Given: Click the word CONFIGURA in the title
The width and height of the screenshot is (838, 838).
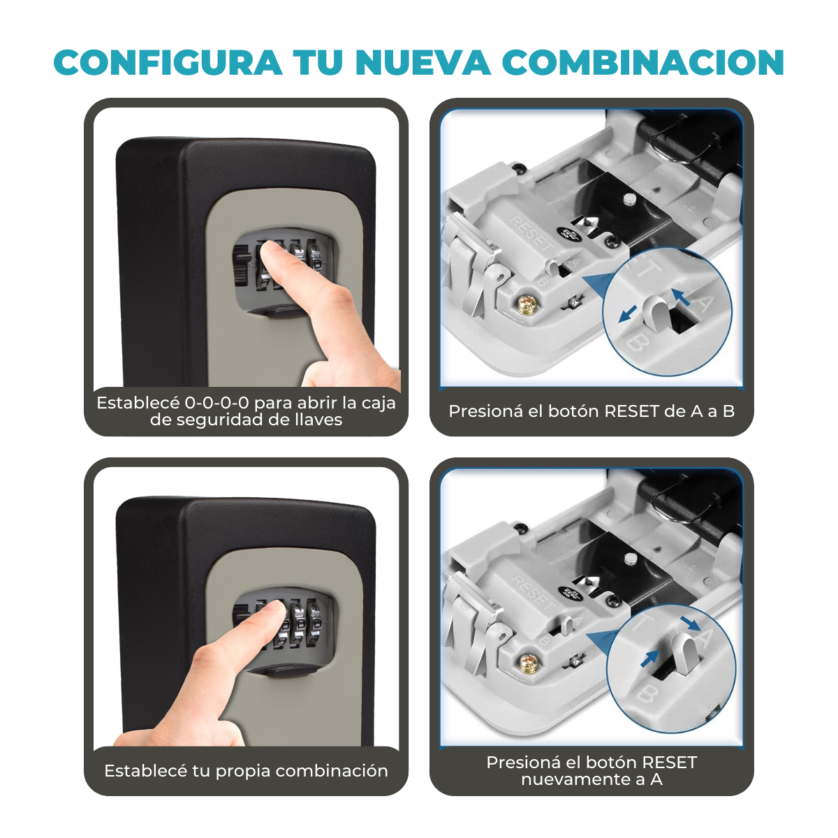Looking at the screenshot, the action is click(x=168, y=63).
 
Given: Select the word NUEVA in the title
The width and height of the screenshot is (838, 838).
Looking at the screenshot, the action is click(x=423, y=63).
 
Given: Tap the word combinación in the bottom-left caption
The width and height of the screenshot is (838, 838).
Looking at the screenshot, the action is click(x=332, y=771).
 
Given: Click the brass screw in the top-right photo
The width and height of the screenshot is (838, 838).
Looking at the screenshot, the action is click(x=527, y=303).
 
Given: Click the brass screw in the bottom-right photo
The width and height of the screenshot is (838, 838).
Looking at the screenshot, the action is click(x=529, y=663).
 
